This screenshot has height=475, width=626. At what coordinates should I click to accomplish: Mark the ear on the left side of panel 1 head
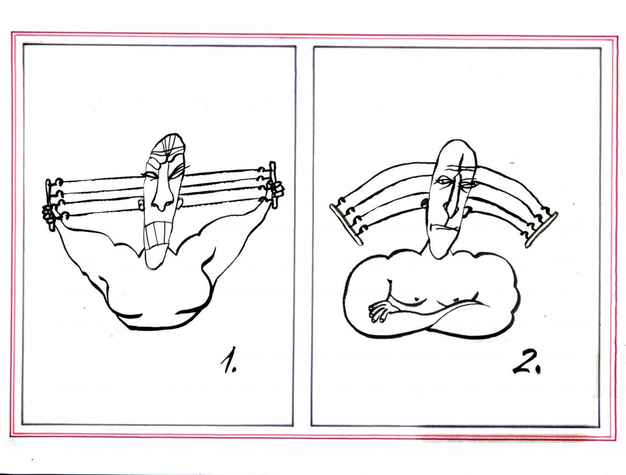[x=141, y=204]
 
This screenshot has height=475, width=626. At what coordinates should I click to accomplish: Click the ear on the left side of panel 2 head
[x=425, y=204]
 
